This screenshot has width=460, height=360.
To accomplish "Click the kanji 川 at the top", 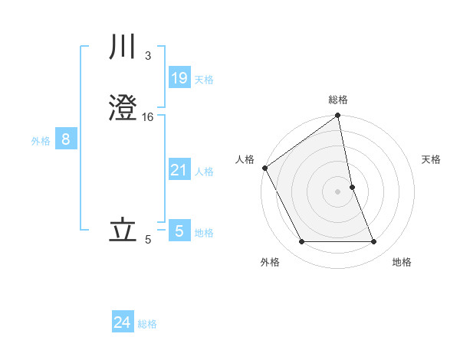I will click(124, 50).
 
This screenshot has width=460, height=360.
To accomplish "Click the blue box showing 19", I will click(179, 77).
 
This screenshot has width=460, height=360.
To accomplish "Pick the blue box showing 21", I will click(179, 170).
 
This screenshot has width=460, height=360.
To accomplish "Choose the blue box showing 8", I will click(66, 139).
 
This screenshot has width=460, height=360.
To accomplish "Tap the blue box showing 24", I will click(123, 322).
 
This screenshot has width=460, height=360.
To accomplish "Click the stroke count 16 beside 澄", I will click(148, 116).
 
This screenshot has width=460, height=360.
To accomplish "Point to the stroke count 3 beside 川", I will click(147, 56).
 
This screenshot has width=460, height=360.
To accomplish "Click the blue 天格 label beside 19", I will click(204, 79).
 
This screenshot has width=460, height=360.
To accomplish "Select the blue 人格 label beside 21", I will click(204, 172).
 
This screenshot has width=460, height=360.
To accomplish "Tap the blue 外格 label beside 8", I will click(41, 141).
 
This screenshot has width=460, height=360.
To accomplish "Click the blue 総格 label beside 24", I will click(147, 324).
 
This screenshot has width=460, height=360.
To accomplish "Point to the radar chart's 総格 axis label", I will click(338, 100).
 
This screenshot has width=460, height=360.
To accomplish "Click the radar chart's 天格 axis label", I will click(432, 159).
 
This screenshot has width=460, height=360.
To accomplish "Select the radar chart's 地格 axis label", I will click(402, 262).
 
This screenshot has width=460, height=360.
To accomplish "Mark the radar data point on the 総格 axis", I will click(338, 116).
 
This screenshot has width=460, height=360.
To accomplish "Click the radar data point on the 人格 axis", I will click(264, 168).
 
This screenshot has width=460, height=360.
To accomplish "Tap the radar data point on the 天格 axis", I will click(353, 187).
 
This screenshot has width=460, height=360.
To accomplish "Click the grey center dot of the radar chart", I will click(338, 191).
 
